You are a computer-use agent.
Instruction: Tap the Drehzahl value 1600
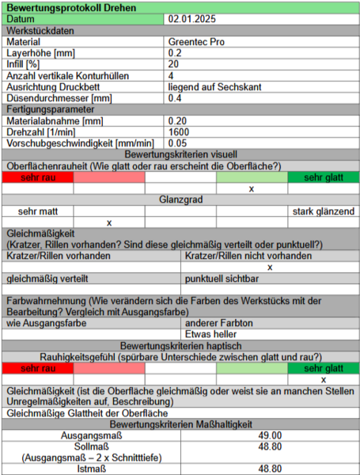point(179,131)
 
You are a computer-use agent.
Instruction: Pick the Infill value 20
point(173,63)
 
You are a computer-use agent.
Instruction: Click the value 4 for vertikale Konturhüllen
point(171,75)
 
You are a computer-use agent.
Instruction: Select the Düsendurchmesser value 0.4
point(175,97)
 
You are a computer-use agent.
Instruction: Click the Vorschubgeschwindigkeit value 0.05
point(178,142)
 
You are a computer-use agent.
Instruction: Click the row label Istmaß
point(91,469)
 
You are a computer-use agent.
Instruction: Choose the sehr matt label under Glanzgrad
point(38,211)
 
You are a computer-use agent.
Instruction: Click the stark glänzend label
point(322,211)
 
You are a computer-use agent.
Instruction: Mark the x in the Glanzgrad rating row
point(109,222)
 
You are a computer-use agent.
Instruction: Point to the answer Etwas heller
point(209,334)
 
